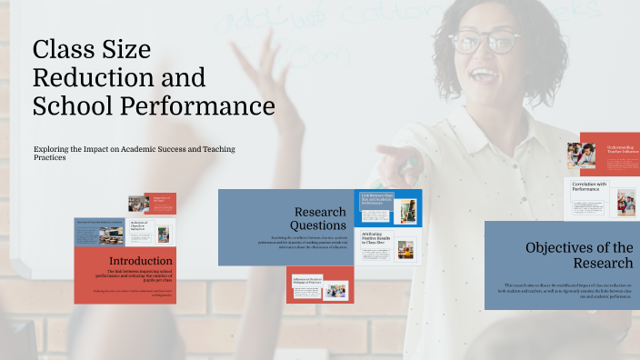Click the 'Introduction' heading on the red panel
coord(140,260)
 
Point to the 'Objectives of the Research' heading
coord(579,255)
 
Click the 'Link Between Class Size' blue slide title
coord(376,199)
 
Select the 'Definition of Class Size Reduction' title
coord(139,228)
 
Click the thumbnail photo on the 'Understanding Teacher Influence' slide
coord(581,155)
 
